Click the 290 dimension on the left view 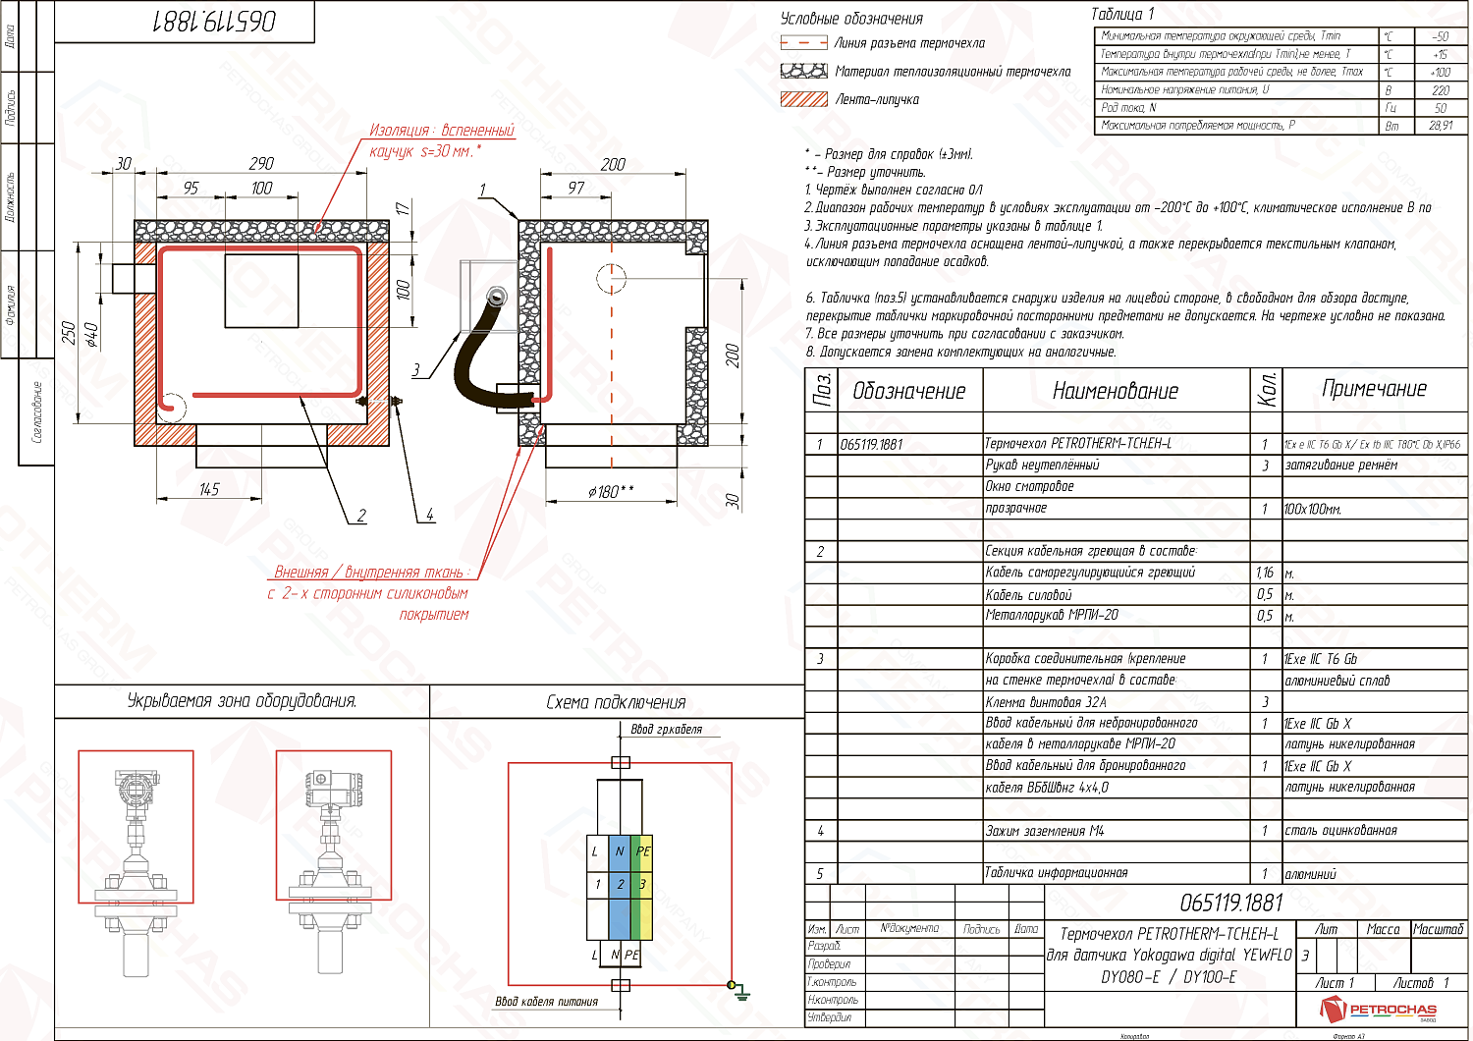(x=261, y=163)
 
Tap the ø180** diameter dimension (x=611, y=491)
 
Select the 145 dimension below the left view (x=209, y=489)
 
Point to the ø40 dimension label (x=92, y=335)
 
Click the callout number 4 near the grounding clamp (x=429, y=515)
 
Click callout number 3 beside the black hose (x=415, y=370)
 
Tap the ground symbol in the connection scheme (x=742, y=994)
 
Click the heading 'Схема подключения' (x=616, y=702)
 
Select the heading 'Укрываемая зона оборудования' (x=242, y=701)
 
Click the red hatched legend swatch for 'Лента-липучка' (x=804, y=99)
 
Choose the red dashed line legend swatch (x=804, y=43)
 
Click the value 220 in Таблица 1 (x=1440, y=89)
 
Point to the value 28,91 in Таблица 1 (x=1440, y=126)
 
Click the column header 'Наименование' (x=1115, y=391)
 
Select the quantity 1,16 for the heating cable (x=1264, y=573)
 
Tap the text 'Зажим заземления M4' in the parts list (x=1045, y=831)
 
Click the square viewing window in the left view (x=261, y=292)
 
